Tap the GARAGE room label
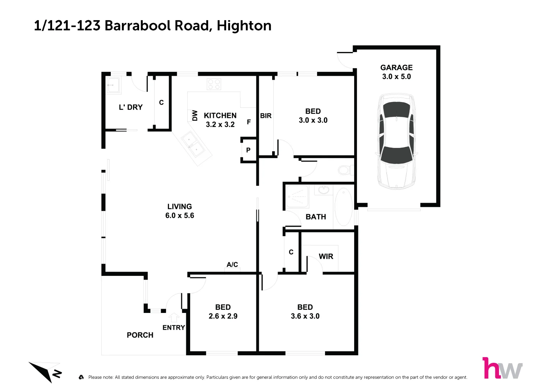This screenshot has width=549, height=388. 396,68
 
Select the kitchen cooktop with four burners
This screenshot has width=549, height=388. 214,84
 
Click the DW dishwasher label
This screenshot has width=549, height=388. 195,115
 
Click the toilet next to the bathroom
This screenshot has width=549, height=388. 346,170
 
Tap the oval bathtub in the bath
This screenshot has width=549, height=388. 343,207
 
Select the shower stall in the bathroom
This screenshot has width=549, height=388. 297,197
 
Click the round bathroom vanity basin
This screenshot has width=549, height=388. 323,189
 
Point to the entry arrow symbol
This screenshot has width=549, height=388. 174,318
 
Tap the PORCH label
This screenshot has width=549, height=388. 140,335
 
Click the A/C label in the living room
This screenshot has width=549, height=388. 232,265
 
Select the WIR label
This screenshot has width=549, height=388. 326,257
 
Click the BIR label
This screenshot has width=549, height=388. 266,116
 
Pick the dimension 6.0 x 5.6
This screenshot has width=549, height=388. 179,216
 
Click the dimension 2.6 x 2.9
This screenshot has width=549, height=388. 223,316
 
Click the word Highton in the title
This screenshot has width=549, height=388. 244,26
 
